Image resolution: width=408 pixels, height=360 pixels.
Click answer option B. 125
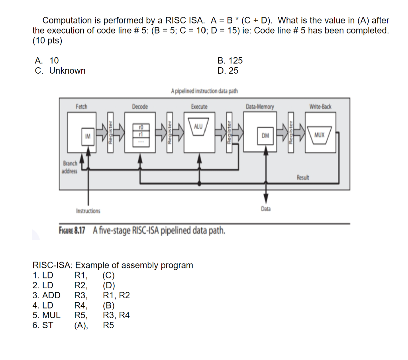[230, 61]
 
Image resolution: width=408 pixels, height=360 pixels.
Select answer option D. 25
[228, 71]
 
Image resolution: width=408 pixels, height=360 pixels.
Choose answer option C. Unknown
[60, 71]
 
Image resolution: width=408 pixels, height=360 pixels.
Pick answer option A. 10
[47, 61]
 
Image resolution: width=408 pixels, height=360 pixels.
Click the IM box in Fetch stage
[87, 136]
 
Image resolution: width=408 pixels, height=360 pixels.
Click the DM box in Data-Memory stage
[265, 136]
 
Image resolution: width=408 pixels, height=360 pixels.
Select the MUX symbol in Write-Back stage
[320, 135]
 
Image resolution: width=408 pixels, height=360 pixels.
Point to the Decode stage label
[140, 107]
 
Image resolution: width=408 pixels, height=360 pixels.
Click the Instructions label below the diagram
[88, 211]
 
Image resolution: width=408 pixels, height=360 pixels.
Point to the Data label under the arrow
[266, 209]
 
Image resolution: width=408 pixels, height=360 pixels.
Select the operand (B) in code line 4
[108, 305]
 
